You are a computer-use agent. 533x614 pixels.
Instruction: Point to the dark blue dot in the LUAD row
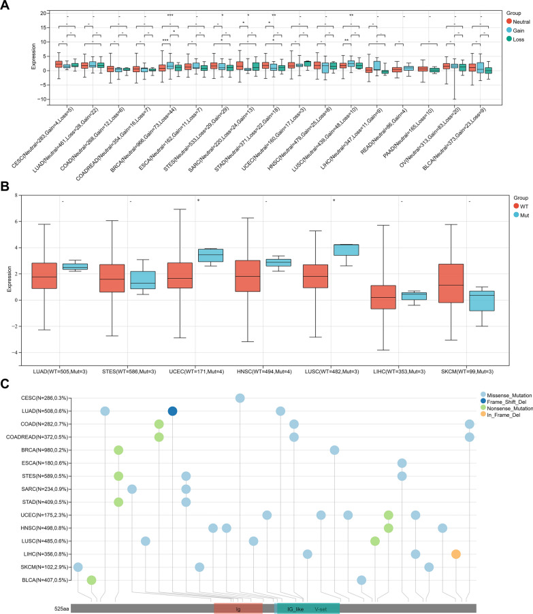[172, 411]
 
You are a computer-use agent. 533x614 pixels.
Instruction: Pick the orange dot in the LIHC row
[455, 554]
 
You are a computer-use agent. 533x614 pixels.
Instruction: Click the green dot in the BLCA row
[91, 580]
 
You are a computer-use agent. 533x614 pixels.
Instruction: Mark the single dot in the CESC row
[240, 398]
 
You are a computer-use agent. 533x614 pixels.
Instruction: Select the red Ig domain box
[238, 609]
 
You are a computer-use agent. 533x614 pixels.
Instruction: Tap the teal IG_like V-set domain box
[308, 609]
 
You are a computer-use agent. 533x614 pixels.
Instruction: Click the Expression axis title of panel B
[8, 275]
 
